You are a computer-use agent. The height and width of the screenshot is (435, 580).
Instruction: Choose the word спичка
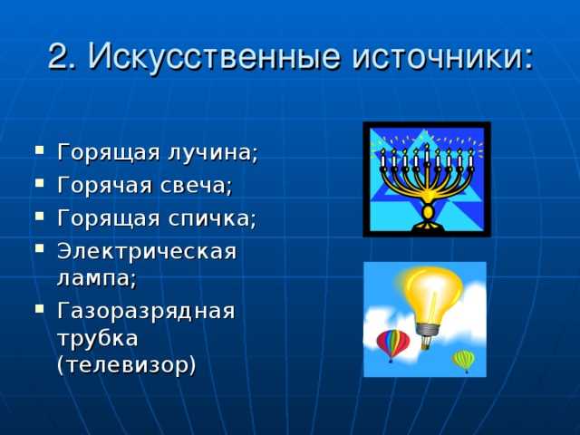212,218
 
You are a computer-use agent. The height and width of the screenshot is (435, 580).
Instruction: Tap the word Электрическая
146,251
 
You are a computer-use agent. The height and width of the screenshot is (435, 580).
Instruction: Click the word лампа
96,278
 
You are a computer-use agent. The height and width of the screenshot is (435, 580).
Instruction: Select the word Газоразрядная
146,311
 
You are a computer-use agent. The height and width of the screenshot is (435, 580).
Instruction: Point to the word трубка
97,338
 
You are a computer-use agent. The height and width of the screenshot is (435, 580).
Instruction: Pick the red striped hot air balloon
392,343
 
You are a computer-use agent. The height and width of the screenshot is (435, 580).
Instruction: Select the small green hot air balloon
464,360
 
